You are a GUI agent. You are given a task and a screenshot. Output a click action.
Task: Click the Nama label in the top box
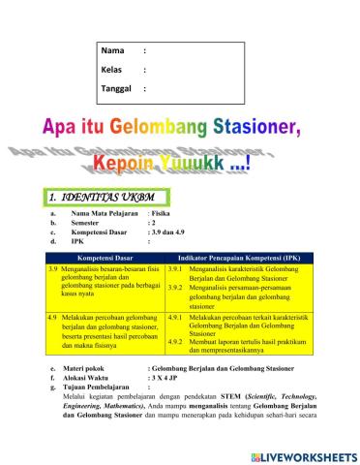(x=113, y=50)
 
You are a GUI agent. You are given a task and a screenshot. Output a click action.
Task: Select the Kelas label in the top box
(x=113, y=70)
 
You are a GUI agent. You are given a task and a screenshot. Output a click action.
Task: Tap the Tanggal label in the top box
(x=117, y=89)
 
